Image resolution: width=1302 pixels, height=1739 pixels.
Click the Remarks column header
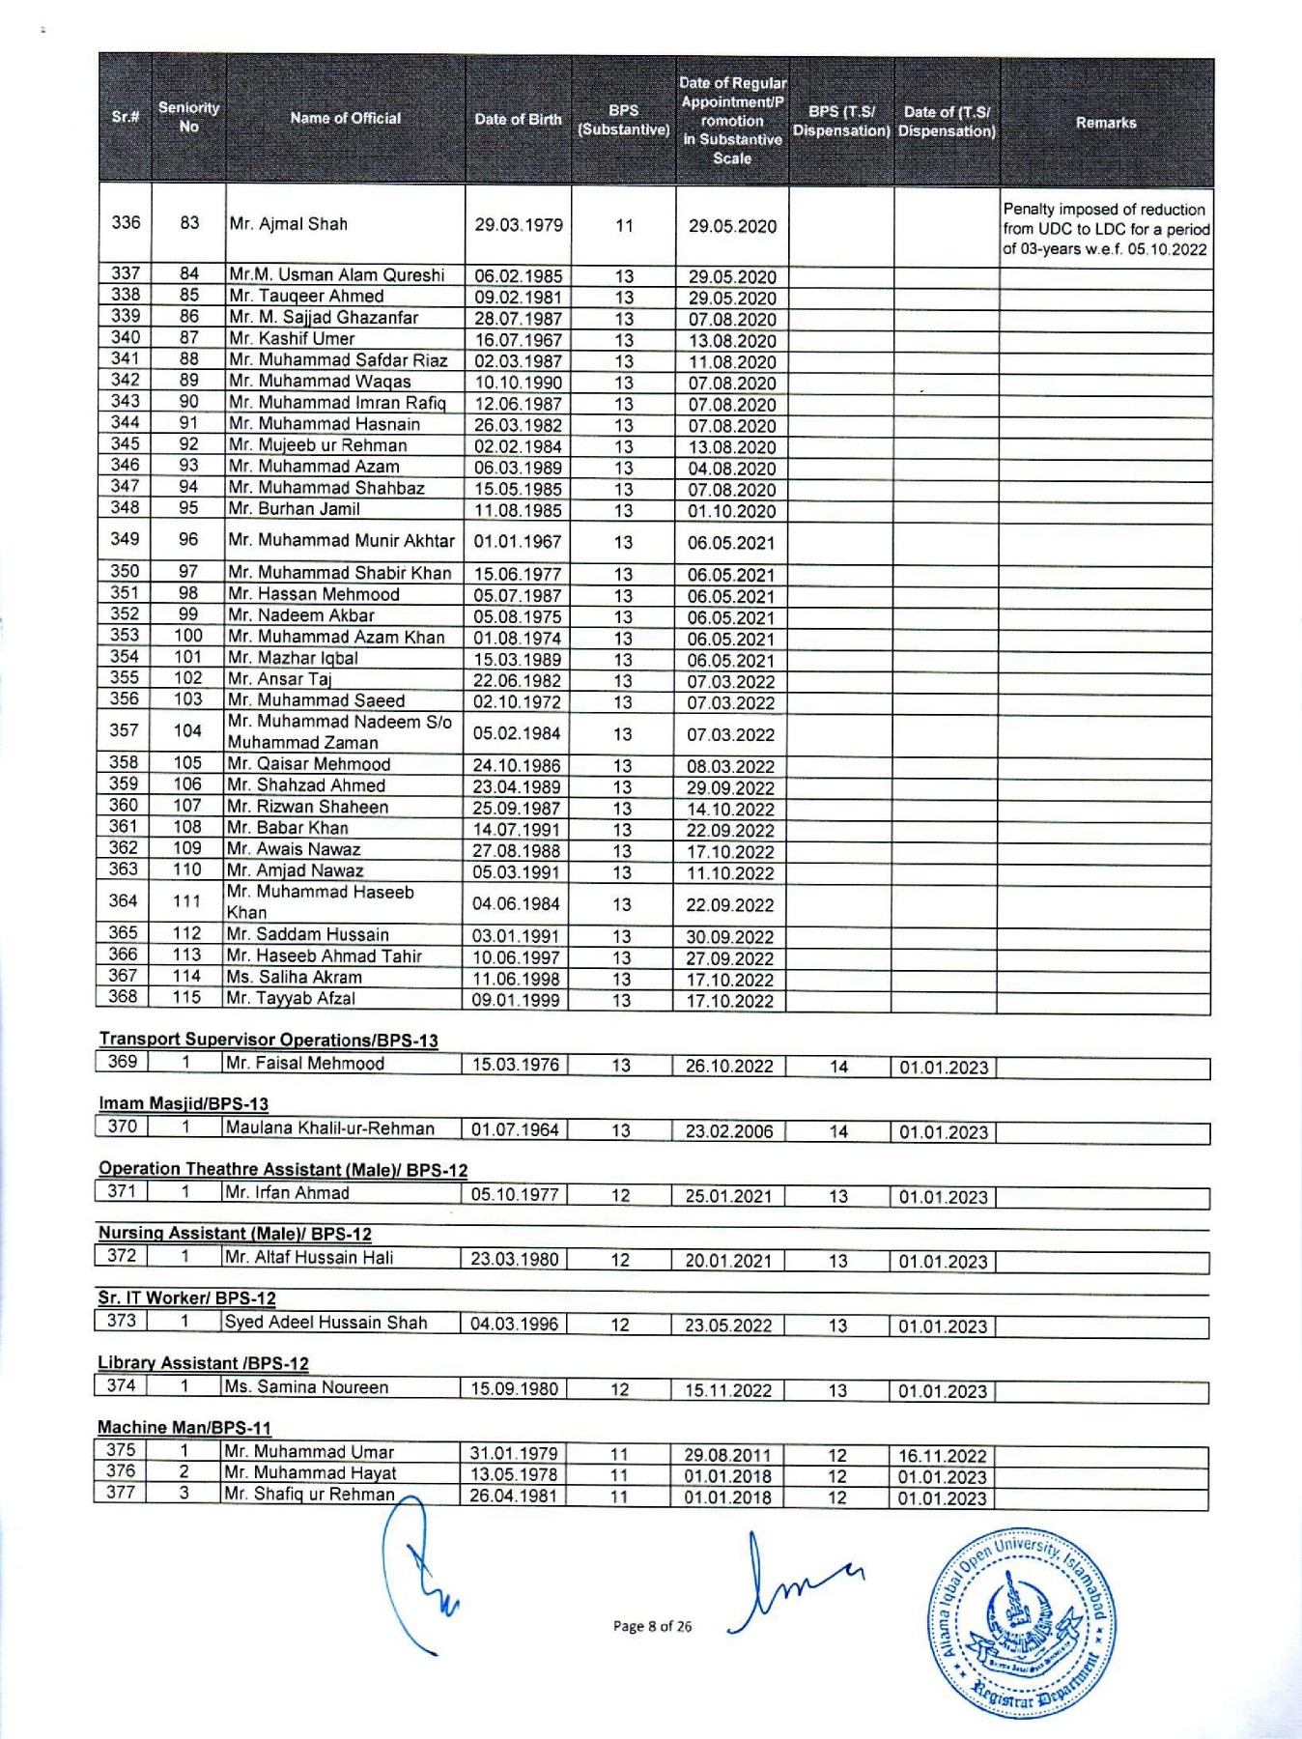click(x=1106, y=123)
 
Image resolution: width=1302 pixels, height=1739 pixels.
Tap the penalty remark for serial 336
click(x=1106, y=229)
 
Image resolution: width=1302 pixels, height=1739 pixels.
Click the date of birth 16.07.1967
click(x=518, y=340)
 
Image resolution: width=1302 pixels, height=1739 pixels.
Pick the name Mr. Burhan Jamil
click(x=295, y=509)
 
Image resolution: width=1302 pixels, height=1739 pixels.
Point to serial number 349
click(x=125, y=539)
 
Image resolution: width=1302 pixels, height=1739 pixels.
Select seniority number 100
click(x=188, y=636)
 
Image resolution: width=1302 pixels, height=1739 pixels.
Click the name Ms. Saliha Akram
click(x=295, y=977)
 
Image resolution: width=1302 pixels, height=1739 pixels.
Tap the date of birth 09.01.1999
click(x=516, y=1001)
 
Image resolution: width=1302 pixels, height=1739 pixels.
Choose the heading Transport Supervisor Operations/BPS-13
click(x=269, y=1040)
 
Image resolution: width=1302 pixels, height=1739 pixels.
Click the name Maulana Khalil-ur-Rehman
click(x=329, y=1127)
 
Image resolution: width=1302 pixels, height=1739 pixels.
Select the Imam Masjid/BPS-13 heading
click(x=184, y=1103)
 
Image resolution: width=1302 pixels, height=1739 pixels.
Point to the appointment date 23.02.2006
click(x=729, y=1131)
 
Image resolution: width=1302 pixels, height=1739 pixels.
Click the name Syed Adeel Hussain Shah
click(x=325, y=1322)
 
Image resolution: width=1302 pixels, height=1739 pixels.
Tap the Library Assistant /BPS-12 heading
click(x=203, y=1362)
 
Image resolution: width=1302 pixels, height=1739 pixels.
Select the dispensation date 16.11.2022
click(x=943, y=1456)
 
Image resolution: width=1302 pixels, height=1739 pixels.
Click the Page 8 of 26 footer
click(x=653, y=1626)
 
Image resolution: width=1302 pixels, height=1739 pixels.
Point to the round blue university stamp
click(x=1022, y=1623)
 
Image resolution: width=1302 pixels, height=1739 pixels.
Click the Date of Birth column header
click(x=518, y=120)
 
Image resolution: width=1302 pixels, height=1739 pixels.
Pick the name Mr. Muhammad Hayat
click(x=310, y=1472)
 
